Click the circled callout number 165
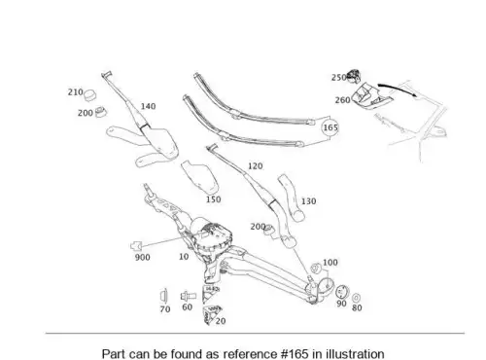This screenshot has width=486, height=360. tap(330, 127)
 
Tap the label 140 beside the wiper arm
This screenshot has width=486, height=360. tap(148, 106)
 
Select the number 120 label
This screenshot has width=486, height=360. tap(256, 166)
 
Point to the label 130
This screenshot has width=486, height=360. tap(308, 201)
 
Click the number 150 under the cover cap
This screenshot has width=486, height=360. tap(214, 199)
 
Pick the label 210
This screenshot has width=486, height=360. tap(76, 92)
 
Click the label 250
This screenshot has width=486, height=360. tap(339, 78)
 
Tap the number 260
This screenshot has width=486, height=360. tap(342, 100)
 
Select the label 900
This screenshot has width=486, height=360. tap(143, 258)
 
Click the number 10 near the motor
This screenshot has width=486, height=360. tap(184, 257)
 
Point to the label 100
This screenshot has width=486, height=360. tap(330, 263)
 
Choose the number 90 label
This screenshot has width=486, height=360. tap(341, 304)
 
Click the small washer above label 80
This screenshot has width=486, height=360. tap(357, 298)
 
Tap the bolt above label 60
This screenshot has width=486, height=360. tap(189, 296)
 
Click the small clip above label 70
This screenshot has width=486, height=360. tap(163, 296)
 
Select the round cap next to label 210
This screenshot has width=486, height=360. tap(90, 94)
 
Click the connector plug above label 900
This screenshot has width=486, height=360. tap(136, 246)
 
